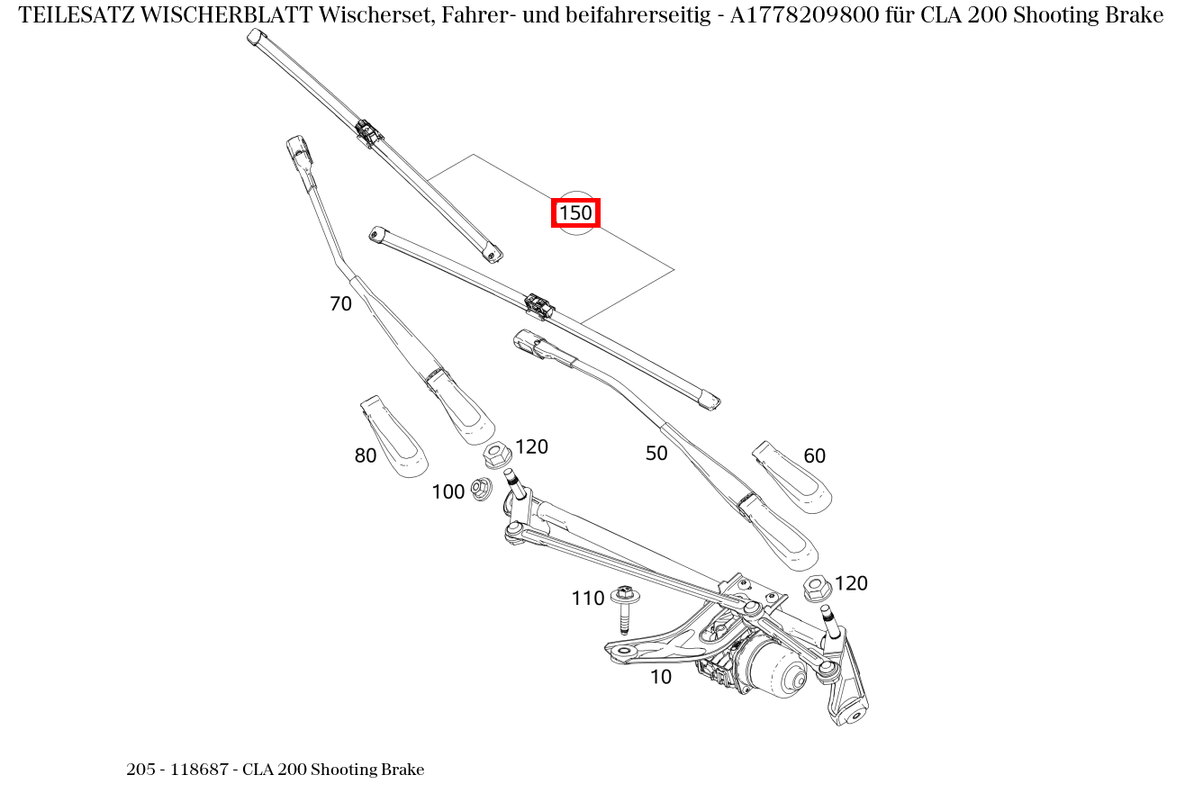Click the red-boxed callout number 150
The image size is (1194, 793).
(575, 213)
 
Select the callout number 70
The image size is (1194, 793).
(340, 304)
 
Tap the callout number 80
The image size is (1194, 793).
(365, 456)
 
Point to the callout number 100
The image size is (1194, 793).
(448, 492)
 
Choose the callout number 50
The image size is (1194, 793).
(656, 454)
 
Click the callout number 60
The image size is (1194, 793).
(814, 456)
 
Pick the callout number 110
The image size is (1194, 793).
(587, 599)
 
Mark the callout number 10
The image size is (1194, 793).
(661, 677)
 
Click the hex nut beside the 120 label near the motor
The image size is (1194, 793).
(816, 589)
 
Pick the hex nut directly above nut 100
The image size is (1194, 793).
(497, 455)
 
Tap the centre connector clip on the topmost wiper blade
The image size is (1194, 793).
(366, 132)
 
